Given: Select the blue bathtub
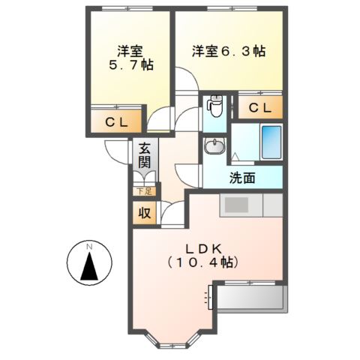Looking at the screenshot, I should (270, 141).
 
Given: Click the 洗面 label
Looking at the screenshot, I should (242, 178).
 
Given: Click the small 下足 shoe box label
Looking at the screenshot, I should (145, 192).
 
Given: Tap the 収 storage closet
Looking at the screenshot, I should (145, 213).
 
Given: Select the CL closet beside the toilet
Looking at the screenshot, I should (259, 107).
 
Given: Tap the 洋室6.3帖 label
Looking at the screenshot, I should (229, 51).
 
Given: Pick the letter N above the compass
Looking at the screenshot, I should (88, 246).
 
